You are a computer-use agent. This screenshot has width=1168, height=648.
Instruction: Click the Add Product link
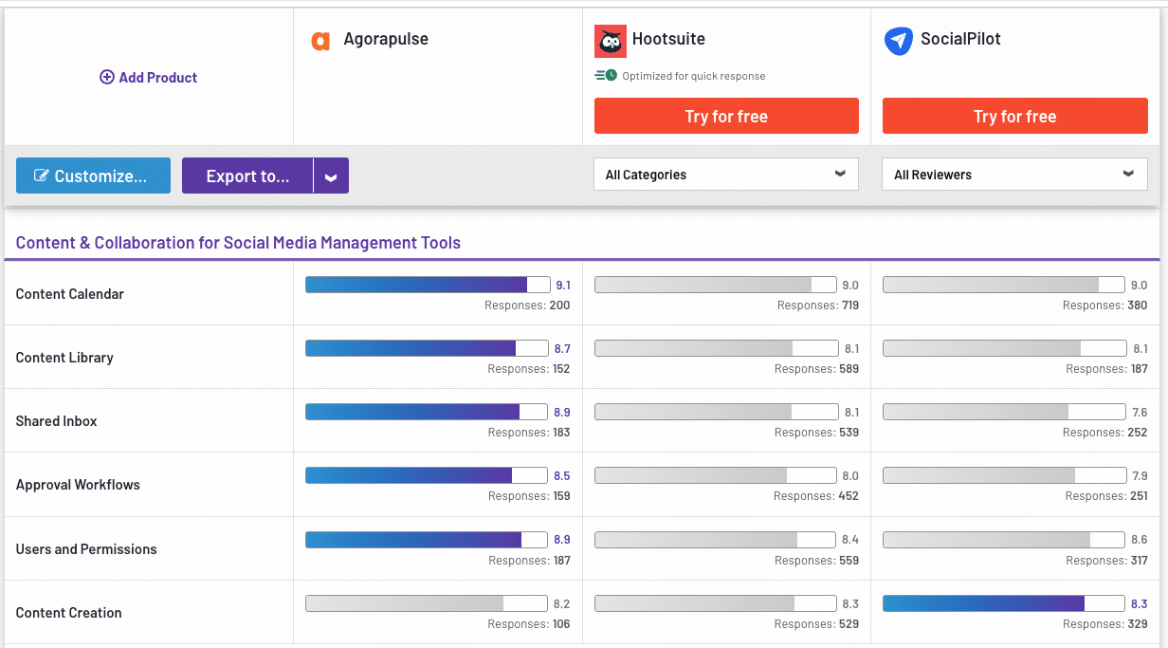pyautogui.click(x=149, y=78)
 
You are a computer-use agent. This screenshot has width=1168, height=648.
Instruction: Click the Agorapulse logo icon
pyautogui.click(x=320, y=41)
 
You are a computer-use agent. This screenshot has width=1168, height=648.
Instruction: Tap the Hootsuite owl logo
pyautogui.click(x=611, y=42)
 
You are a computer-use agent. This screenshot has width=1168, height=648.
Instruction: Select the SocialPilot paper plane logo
pyautogui.click(x=898, y=41)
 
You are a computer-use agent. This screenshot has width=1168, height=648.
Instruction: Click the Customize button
pyautogui.click(x=93, y=176)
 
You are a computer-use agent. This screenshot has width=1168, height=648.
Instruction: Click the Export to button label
pyautogui.click(x=247, y=176)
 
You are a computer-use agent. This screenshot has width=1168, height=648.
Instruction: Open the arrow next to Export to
pyautogui.click(x=331, y=176)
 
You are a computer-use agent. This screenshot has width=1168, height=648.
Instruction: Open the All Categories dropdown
pyautogui.click(x=725, y=175)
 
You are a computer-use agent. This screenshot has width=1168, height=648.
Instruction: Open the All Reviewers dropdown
pyautogui.click(x=1013, y=175)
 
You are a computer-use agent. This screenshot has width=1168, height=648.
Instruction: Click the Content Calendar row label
pyautogui.click(x=70, y=294)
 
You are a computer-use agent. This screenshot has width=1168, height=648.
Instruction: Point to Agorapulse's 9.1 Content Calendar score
pyautogui.click(x=563, y=286)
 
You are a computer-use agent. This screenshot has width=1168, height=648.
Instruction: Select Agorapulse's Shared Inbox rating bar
pyautogui.click(x=427, y=412)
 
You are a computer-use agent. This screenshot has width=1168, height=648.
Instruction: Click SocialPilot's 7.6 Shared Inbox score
pyautogui.click(x=1140, y=413)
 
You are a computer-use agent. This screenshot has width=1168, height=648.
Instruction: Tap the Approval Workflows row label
pyautogui.click(x=78, y=485)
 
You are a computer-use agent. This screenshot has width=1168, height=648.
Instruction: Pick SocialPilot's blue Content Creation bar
pyautogui.click(x=996, y=603)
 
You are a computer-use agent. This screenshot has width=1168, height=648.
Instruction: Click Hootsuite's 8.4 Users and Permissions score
pyautogui.click(x=850, y=540)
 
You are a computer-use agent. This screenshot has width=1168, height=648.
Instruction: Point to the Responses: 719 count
pyautogui.click(x=817, y=305)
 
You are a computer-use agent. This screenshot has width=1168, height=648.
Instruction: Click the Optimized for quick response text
pyautogui.click(x=693, y=76)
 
